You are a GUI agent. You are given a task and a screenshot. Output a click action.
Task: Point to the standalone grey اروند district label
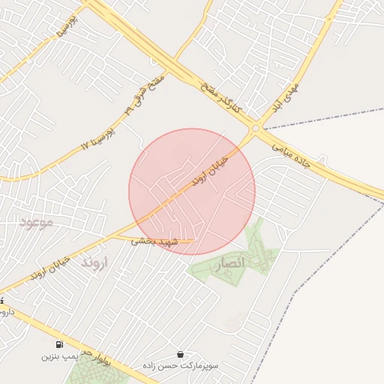coord(95,263)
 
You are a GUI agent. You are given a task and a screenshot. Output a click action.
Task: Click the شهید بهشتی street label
coord(154,241)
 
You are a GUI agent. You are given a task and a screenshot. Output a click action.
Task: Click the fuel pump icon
coord(59,344)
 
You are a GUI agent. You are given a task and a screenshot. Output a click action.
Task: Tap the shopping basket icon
coord(180,354)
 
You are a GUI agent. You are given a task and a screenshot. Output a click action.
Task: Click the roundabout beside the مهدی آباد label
coord(256,128)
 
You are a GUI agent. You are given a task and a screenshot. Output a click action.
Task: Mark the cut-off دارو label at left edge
coord(3,309)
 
